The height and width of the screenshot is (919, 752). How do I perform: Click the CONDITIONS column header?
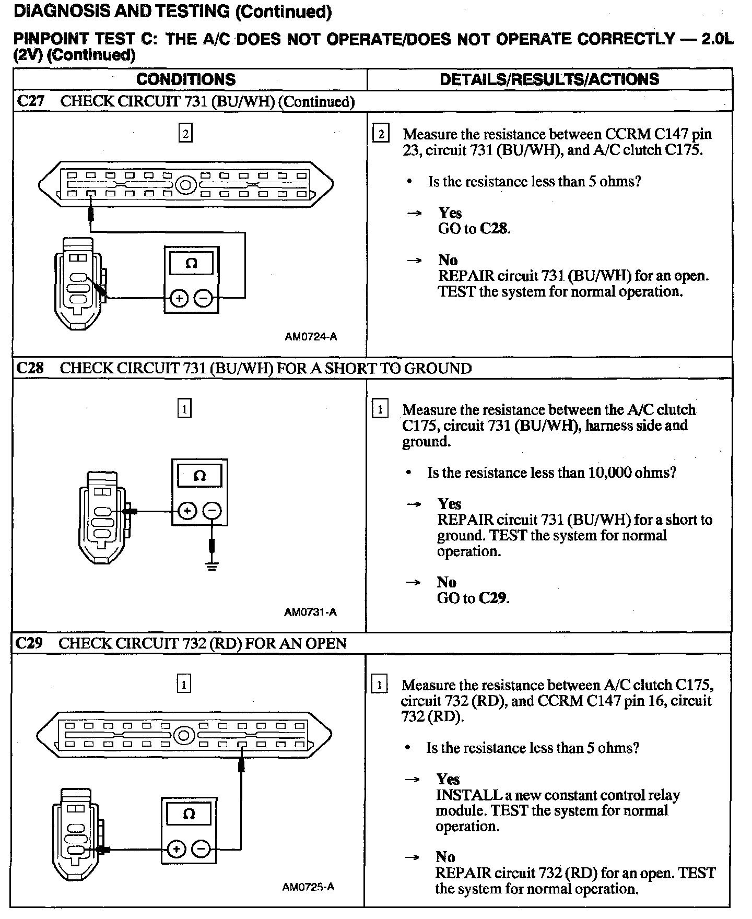186,79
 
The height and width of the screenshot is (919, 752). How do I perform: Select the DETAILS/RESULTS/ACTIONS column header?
549,79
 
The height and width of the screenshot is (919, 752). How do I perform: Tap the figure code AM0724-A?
311,337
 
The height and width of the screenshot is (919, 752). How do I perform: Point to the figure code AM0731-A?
310,612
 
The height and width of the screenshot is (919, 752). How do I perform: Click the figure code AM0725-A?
308,887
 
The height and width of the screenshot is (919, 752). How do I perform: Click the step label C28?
30,368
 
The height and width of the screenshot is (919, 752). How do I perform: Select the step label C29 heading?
29,643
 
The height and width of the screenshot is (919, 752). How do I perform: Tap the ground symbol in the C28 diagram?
211,565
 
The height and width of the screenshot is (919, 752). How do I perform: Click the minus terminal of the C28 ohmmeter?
211,511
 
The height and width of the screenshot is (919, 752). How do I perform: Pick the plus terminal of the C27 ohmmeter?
179,298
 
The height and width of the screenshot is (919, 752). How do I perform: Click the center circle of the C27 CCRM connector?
185,185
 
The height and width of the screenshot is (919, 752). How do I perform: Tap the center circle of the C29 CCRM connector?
183,736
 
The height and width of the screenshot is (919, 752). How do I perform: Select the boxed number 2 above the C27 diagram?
185,134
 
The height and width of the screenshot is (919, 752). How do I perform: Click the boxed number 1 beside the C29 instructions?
379,685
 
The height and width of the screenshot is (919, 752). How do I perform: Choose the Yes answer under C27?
450,213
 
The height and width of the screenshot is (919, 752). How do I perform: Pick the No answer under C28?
446,582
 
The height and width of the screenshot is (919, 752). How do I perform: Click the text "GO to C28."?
474,229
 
